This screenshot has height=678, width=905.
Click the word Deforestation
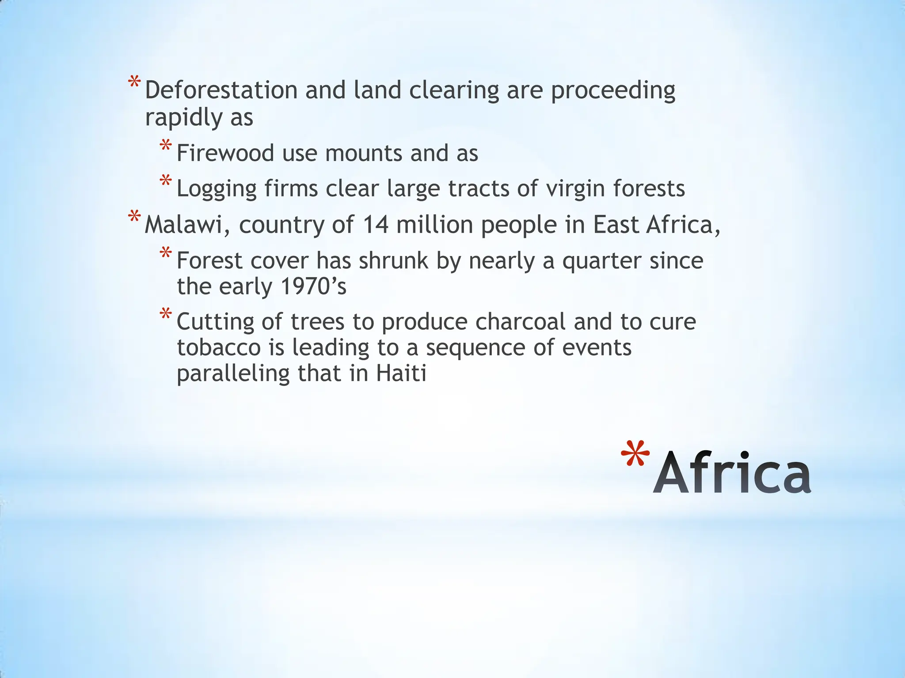click(x=221, y=90)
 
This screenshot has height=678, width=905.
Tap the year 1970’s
click(x=313, y=286)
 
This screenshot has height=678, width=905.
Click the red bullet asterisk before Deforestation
click(x=134, y=83)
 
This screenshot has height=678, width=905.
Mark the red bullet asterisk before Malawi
click(x=134, y=218)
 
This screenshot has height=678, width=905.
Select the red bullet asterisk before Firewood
click(x=166, y=146)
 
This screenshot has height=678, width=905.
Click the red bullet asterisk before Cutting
click(x=166, y=315)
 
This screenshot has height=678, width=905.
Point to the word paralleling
click(x=233, y=374)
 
